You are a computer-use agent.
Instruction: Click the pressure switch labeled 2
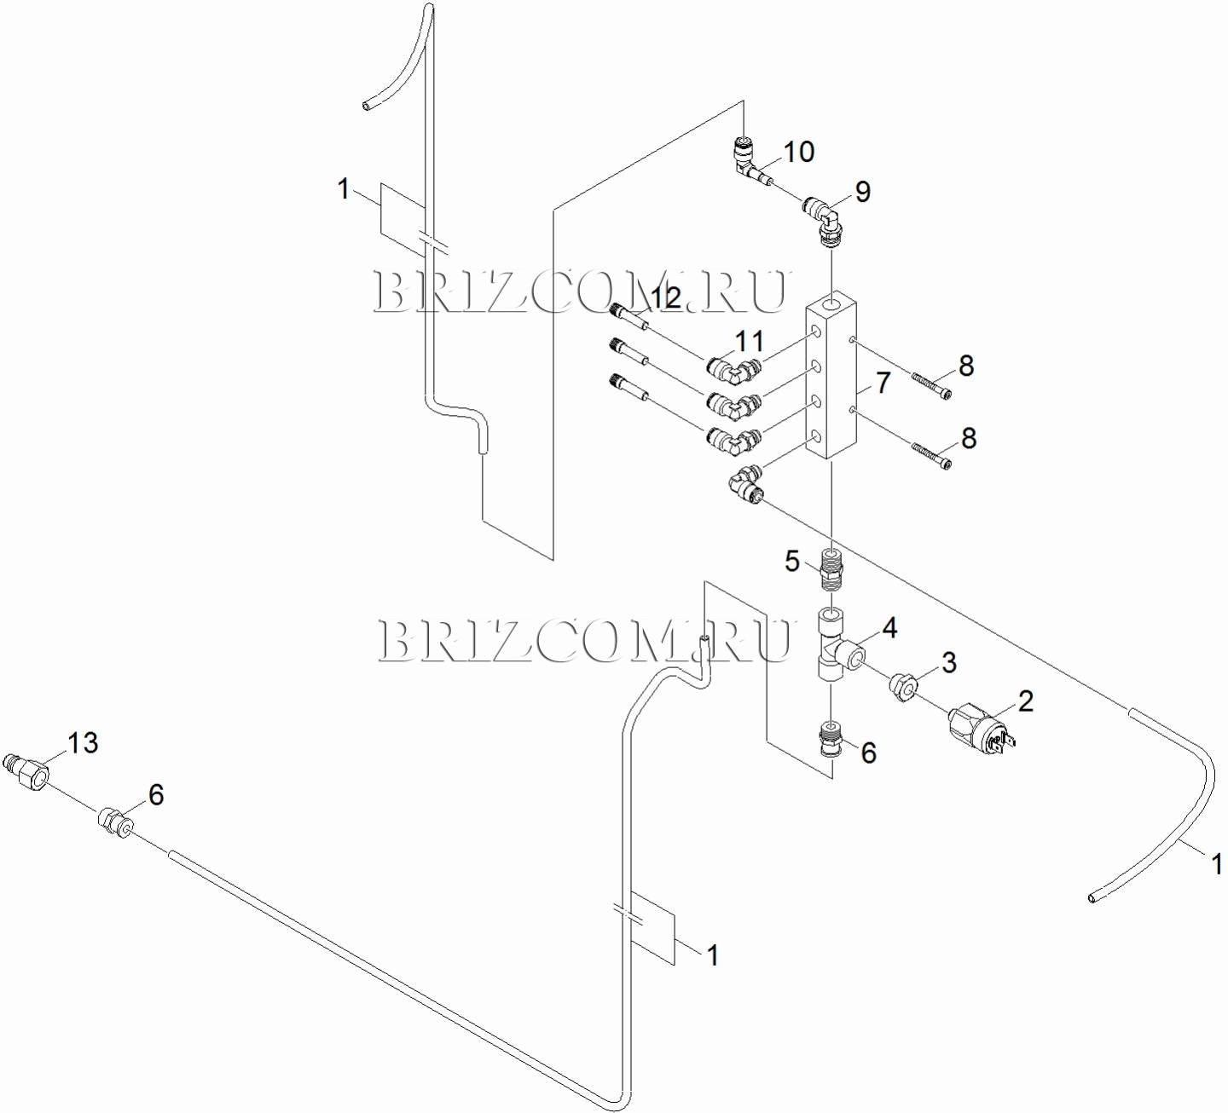tap(977, 726)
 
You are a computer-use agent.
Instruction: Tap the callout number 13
tap(83, 743)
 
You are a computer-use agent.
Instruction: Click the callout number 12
tap(666, 297)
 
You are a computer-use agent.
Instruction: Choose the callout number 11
tap(750, 341)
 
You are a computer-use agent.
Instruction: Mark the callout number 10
tap(799, 152)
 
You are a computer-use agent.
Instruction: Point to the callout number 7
tap(883, 383)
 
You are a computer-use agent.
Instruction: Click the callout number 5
tap(792, 561)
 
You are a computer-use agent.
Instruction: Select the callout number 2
tap(1026, 701)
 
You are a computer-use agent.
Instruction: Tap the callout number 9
tap(863, 192)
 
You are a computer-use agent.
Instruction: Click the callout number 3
tap(948, 662)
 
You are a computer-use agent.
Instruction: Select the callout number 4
tap(889, 628)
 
